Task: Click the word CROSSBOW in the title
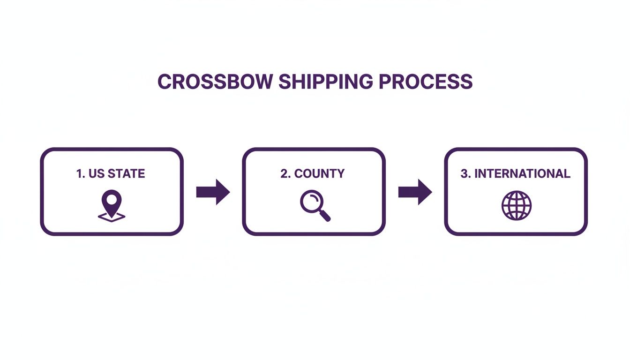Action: pyautogui.click(x=215, y=82)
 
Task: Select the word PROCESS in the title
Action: pyautogui.click(x=426, y=82)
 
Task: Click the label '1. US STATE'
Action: pyautogui.click(x=111, y=174)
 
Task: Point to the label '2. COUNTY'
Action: pyautogui.click(x=313, y=174)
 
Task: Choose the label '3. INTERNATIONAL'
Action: pyautogui.click(x=516, y=174)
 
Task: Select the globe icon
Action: pyautogui.click(x=517, y=205)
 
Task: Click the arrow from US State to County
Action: pyautogui.click(x=213, y=192)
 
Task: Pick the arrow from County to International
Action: pyautogui.click(x=415, y=192)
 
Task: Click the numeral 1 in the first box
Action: pyautogui.click(x=79, y=174)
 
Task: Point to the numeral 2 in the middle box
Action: pyautogui.click(x=284, y=174)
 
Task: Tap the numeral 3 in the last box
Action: pyautogui.click(x=464, y=174)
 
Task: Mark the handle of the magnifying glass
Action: pyautogui.click(x=325, y=216)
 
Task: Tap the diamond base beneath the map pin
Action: pyautogui.click(x=112, y=217)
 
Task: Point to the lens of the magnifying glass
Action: pyautogui.click(x=310, y=202)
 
